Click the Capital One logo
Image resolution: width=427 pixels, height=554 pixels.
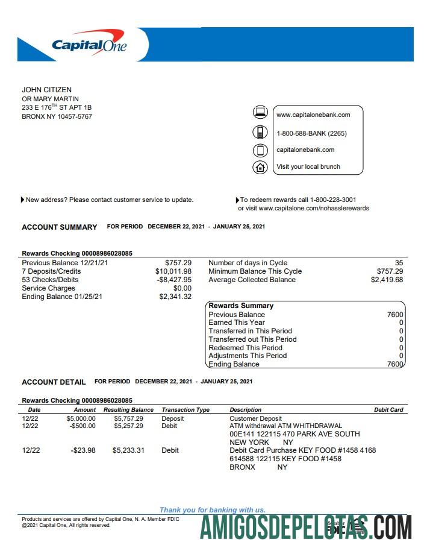click(x=89, y=45)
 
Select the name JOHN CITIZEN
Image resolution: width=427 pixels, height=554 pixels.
click(x=46, y=90)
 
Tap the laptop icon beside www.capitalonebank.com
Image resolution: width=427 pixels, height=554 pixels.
click(x=260, y=112)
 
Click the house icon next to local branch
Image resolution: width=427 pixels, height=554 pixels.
click(x=260, y=167)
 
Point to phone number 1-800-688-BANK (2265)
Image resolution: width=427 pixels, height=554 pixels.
click(x=311, y=133)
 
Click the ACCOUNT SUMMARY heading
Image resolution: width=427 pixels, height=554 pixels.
click(x=59, y=227)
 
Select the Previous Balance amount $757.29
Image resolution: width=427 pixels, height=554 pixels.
click(x=178, y=263)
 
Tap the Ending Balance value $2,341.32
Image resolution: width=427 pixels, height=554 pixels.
click(x=175, y=297)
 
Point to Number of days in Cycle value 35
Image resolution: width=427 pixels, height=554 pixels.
click(x=399, y=263)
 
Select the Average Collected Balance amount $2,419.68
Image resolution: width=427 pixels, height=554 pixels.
click(x=387, y=280)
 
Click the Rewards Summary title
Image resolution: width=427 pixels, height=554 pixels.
click(x=241, y=306)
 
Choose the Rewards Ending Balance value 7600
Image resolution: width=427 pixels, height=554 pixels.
click(x=395, y=364)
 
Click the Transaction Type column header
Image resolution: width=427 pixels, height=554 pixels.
click(x=185, y=410)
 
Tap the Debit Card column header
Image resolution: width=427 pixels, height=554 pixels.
click(x=388, y=410)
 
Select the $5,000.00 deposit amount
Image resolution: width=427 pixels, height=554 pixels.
click(x=81, y=418)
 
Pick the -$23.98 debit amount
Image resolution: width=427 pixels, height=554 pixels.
click(x=83, y=450)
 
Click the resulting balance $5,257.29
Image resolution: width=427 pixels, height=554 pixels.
click(x=128, y=426)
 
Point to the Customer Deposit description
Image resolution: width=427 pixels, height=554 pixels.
click(x=255, y=418)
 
